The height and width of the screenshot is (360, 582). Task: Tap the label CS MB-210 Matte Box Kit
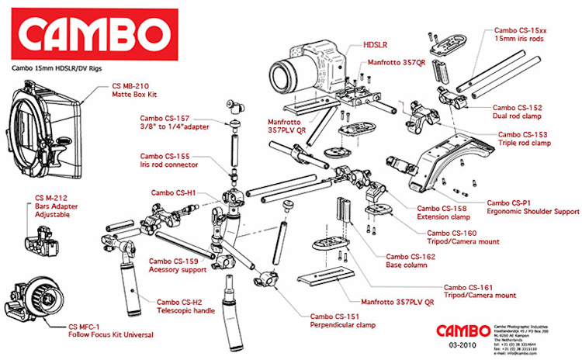(140, 91)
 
